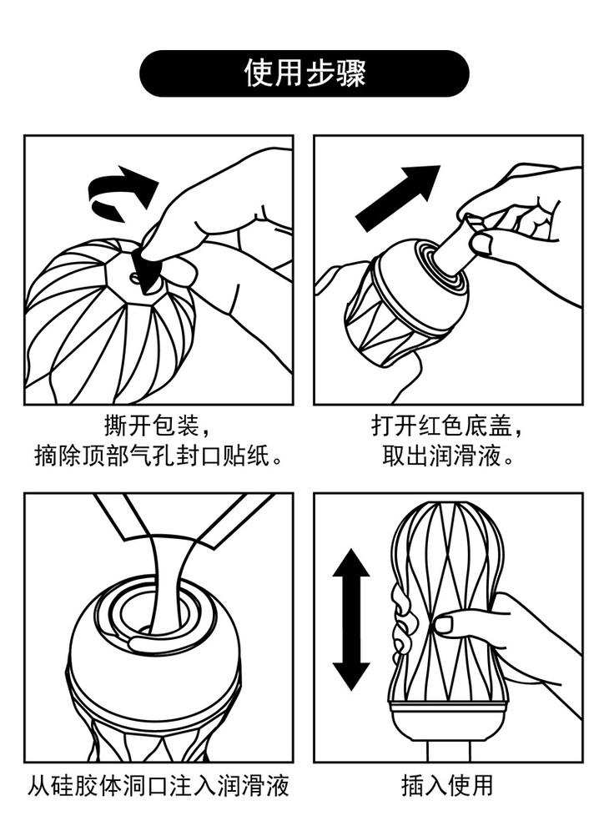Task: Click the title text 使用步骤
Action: pos(304,73)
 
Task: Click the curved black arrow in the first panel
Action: pos(122,194)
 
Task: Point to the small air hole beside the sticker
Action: pos(133,276)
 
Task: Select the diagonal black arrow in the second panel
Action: pos(398,197)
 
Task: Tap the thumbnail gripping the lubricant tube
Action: pos(482,244)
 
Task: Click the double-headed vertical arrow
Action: pos(350,619)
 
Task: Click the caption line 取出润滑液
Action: pos(448,455)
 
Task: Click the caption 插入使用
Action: pos(447,785)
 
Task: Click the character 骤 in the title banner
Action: pos(351,73)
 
